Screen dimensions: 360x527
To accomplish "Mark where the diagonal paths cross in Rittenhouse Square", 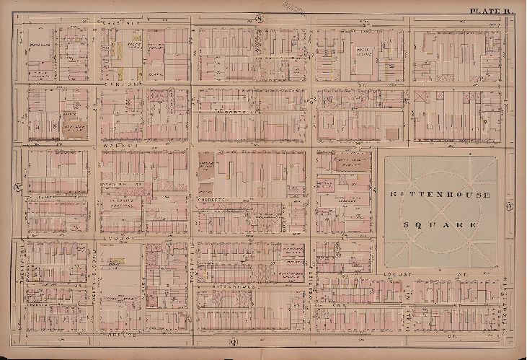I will pos(440,210).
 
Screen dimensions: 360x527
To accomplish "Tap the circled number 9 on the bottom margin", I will pos(233,341).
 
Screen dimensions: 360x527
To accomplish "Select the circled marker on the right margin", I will pos(510,209).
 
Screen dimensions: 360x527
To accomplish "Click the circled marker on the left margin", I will pos(17,190).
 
